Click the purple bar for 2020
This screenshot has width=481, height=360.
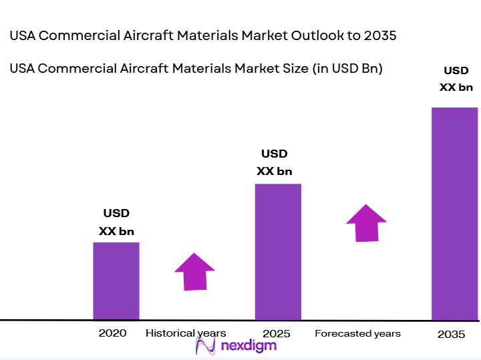(x=116, y=281)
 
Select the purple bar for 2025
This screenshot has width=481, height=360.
(x=278, y=252)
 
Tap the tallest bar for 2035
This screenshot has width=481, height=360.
(x=454, y=214)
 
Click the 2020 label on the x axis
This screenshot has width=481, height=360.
(x=112, y=333)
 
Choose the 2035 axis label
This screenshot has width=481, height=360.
(x=451, y=334)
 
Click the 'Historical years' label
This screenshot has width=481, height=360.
(x=186, y=333)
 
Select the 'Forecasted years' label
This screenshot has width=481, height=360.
(x=357, y=333)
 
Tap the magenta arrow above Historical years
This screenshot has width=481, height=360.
(x=194, y=271)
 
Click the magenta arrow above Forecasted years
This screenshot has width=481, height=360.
(x=366, y=222)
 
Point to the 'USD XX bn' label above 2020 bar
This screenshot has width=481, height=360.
(x=116, y=222)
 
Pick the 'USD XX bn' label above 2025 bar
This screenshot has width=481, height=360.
(x=275, y=162)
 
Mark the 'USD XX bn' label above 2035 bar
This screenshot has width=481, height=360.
(x=456, y=78)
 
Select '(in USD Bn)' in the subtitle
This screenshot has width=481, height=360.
(x=347, y=68)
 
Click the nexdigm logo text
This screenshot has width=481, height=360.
(x=247, y=345)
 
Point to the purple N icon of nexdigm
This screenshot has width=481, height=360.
(x=204, y=345)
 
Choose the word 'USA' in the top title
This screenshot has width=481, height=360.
(x=23, y=36)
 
